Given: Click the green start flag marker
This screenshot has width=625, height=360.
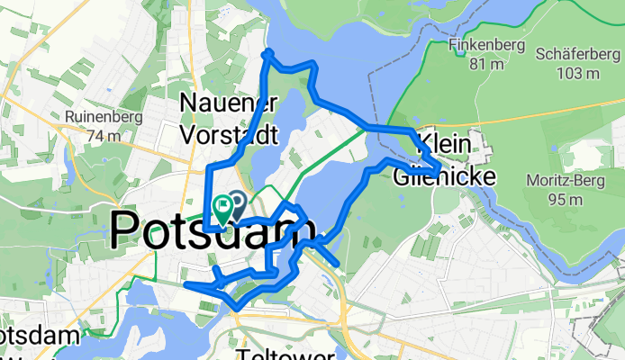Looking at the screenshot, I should pos(222,209).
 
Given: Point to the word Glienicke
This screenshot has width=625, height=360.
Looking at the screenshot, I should pos(444,177).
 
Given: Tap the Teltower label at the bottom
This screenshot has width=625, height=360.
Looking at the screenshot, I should pos(286,354).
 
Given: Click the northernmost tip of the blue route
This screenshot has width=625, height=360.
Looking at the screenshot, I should pos(267,54).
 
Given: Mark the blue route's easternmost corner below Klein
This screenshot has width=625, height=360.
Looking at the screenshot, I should pos(438,168).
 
